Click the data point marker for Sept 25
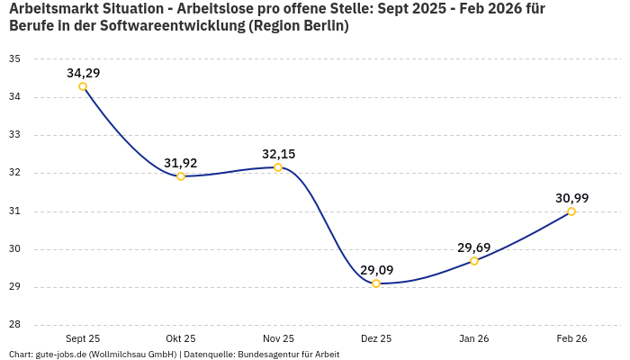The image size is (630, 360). click(x=83, y=86)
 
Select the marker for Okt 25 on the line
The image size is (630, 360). click(x=181, y=176)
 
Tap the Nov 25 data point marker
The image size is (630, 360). click(x=278, y=167)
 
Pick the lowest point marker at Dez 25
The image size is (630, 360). click(x=376, y=283)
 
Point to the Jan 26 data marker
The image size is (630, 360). click(x=474, y=261)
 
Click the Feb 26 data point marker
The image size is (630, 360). click(x=571, y=211)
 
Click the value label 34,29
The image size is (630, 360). click(x=83, y=73)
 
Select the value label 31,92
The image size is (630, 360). click(x=181, y=163)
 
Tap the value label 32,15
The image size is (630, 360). click(x=278, y=154)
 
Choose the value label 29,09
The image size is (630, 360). click(x=376, y=270)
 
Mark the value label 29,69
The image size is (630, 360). click(x=474, y=247)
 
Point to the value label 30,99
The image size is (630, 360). click(x=571, y=198)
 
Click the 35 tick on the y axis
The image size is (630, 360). click(x=14, y=58)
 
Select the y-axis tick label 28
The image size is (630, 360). click(x=14, y=326)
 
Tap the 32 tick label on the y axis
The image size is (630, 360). click(x=14, y=173)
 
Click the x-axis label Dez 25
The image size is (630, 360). click(x=376, y=338)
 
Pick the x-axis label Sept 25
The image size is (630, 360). click(x=83, y=338)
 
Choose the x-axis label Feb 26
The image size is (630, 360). click(x=571, y=338)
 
